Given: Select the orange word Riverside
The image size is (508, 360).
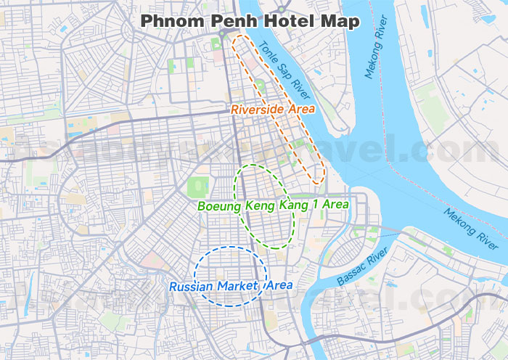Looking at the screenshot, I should tap(259, 110).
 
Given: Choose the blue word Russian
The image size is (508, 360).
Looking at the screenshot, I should tap(192, 286).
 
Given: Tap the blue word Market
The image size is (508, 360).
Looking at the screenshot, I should tap(237, 286).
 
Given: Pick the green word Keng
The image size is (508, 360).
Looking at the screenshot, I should tap(261, 205).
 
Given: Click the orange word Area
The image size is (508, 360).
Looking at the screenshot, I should tap(301, 110).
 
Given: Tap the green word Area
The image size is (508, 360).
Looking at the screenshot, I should tap(335, 205).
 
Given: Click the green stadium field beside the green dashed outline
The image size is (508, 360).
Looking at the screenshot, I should tap(197, 188).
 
